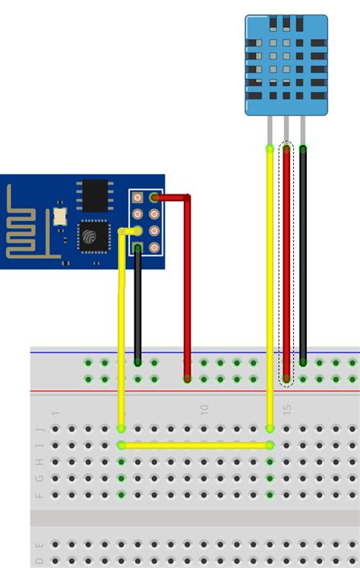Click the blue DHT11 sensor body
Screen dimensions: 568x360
[x=286, y=65]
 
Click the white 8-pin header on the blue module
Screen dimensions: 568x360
[x=146, y=222]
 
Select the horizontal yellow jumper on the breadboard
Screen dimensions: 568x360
[x=195, y=446]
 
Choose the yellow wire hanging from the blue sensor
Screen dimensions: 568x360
[x=270, y=289]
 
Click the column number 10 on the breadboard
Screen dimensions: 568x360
[x=204, y=409]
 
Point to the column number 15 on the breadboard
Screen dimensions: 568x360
[x=287, y=409]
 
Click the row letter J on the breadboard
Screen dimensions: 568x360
[x=39, y=429]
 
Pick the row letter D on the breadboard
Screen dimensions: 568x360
[x=39, y=562]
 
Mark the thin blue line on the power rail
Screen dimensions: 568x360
[x=228, y=352]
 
